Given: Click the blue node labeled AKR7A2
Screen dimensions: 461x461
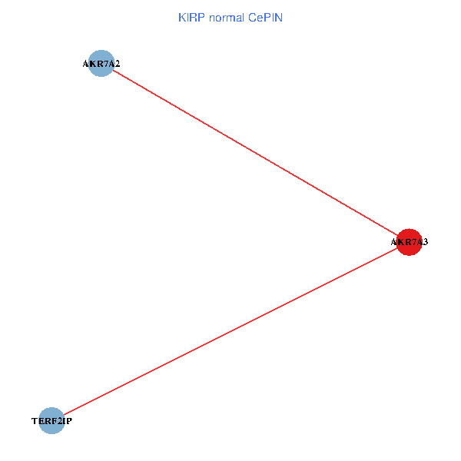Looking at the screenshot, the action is (101, 63).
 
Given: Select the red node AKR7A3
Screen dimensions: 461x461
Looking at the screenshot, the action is (409, 242).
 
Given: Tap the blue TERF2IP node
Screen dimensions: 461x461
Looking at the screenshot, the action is (51, 421).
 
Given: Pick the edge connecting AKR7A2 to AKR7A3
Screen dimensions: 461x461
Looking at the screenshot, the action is (255, 153).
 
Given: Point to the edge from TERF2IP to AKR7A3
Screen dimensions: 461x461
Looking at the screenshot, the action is (230, 331).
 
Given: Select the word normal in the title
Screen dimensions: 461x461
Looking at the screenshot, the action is (227, 18).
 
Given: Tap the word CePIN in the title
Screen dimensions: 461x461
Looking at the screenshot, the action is (265, 18).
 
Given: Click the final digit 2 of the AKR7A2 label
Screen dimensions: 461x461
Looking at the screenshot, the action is (118, 64).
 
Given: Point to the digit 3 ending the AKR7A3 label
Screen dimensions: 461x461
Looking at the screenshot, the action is (425, 242).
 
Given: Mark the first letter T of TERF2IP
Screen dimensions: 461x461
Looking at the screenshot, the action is (35, 421).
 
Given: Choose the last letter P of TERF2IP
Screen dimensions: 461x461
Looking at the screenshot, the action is (69, 421).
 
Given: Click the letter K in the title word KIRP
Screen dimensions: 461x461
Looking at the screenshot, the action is (182, 18).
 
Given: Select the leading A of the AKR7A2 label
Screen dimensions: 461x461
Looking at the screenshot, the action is (86, 64).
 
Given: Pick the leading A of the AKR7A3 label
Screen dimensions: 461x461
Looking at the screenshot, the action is (394, 242).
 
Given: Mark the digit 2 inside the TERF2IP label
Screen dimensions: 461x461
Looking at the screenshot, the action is (59, 421).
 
